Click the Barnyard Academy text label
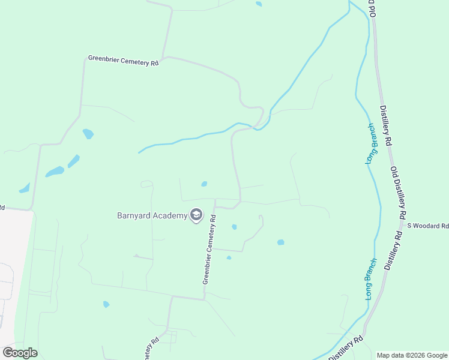[x=152, y=215]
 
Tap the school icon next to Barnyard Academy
[x=196, y=215]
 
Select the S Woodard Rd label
[x=428, y=226]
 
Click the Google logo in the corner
[x=20, y=352]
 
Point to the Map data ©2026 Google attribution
[x=412, y=355]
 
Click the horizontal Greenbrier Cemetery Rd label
[x=123, y=61]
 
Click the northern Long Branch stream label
[x=371, y=143]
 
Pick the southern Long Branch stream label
[x=370, y=278]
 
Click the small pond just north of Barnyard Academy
[x=204, y=184]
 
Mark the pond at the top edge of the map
[x=259, y=4]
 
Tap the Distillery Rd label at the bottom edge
[x=346, y=348]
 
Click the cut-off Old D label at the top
[x=372, y=8]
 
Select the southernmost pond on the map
[x=106, y=304]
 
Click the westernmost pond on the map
[x=25, y=188]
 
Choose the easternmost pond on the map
[x=280, y=242]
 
